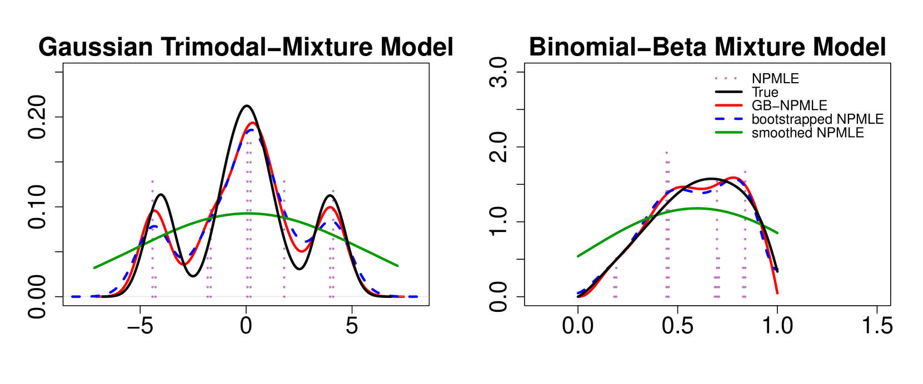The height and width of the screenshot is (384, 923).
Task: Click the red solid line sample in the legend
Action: pyautogui.click(x=729, y=105)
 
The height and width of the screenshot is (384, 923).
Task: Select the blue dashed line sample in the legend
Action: pyautogui.click(x=729, y=119)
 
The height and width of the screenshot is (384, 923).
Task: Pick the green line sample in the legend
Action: pyautogui.click(x=729, y=132)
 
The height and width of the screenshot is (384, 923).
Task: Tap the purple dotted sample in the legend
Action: pyautogui.click(x=725, y=78)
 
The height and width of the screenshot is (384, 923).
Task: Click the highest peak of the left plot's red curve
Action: pyautogui.click(x=252, y=123)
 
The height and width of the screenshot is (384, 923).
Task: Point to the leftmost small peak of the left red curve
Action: pyautogui.click(x=156, y=211)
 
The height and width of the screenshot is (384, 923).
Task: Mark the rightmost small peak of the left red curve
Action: pyautogui.click(x=331, y=208)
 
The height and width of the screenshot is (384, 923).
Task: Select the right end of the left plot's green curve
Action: pyautogui.click(x=397, y=265)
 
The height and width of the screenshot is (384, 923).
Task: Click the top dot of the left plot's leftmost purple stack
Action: pyautogui.click(x=153, y=181)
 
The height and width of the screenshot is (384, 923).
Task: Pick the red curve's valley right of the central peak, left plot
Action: pyautogui.click(x=301, y=251)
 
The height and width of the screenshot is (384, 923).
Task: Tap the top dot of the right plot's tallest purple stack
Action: pyautogui.click(x=666, y=153)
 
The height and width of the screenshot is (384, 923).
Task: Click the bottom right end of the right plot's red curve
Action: pyautogui.click(x=777, y=292)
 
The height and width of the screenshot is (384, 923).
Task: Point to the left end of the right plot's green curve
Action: pyautogui.click(x=578, y=256)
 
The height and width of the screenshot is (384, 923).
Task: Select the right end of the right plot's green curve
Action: pyautogui.click(x=777, y=233)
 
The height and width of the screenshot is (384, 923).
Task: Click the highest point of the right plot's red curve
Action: pyautogui.click(x=734, y=178)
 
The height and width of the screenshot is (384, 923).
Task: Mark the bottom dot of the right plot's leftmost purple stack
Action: pyautogui.click(x=615, y=297)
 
